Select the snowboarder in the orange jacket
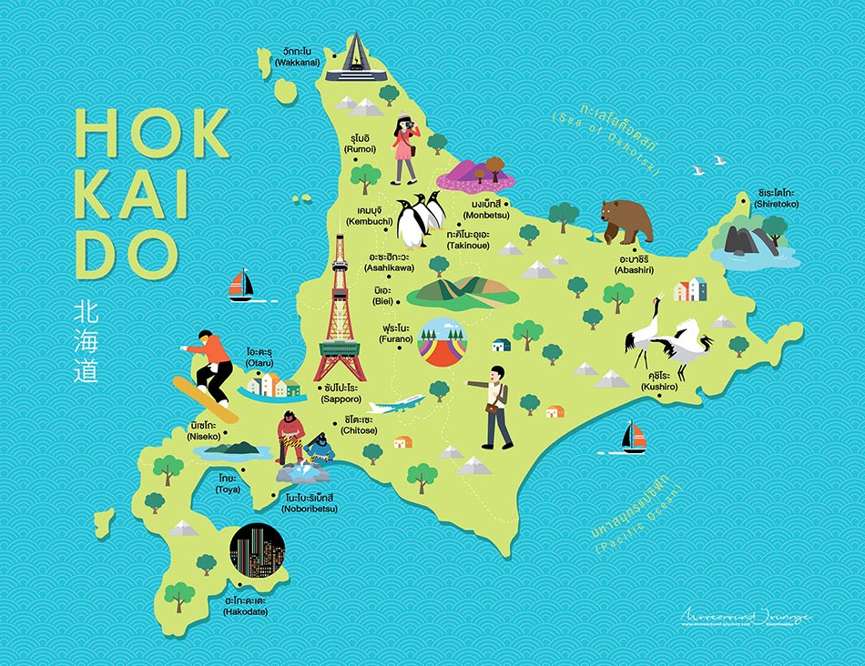click(210, 369)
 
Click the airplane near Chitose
click(395, 404)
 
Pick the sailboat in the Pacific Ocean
click(634, 438)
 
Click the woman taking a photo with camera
click(404, 150)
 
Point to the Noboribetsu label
click(310, 502)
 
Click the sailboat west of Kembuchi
click(241, 286)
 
